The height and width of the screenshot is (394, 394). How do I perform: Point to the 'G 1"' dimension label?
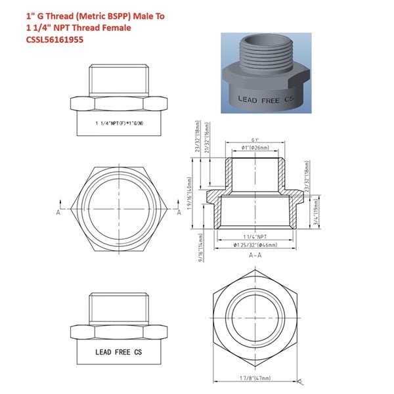coord(255,141)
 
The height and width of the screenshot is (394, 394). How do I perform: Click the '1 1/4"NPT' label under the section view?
coord(255,235)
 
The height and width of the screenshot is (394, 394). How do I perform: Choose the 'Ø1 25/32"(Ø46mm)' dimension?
coord(255,244)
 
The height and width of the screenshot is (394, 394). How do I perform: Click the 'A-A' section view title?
coord(255,258)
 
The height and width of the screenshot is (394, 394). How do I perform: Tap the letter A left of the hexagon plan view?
coord(58,211)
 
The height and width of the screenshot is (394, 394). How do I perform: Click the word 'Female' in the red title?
coord(116,27)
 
